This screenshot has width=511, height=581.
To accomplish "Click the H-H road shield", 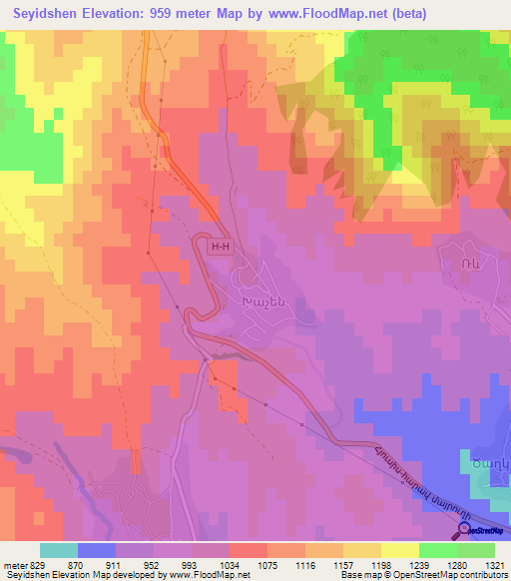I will (220, 244).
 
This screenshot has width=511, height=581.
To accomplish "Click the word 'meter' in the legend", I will (14, 565).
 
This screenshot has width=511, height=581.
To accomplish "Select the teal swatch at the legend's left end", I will (58, 550).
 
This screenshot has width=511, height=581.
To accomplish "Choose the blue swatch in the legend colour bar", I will (96, 550).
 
